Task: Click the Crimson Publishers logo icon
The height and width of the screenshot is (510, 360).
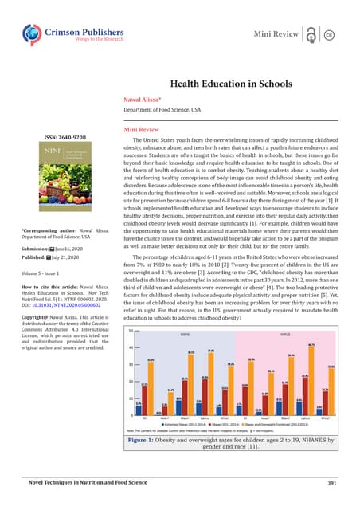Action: click(33, 33)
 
